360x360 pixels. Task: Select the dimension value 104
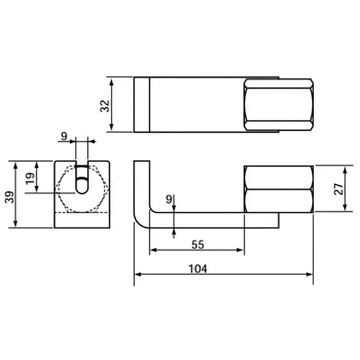tap(198, 269)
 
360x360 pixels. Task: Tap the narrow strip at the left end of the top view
tap(141, 105)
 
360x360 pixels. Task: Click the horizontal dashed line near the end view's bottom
tap(81, 212)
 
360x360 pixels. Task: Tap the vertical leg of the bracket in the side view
tap(141, 189)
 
